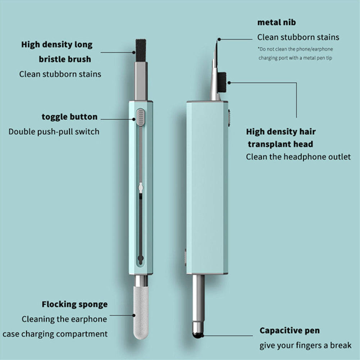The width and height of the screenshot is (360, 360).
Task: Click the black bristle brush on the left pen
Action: point(141,47)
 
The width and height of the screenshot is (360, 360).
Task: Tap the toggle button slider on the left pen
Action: point(141,117)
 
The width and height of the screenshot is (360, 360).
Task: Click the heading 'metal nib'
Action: point(277,22)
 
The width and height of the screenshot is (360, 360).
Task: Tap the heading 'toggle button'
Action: point(69,117)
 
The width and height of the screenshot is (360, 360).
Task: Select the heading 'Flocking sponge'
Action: point(74,304)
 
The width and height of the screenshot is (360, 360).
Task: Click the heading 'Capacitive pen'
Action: point(290,331)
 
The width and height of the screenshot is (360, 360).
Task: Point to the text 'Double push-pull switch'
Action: point(54,131)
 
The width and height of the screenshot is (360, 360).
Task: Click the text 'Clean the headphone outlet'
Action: point(298,157)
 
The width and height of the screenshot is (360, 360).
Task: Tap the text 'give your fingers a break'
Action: point(305,346)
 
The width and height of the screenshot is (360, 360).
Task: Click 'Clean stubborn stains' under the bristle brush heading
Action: point(60,74)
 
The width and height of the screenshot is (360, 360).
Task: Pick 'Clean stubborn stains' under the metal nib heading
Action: point(298,37)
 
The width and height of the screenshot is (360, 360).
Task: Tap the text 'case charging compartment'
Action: point(55,334)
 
